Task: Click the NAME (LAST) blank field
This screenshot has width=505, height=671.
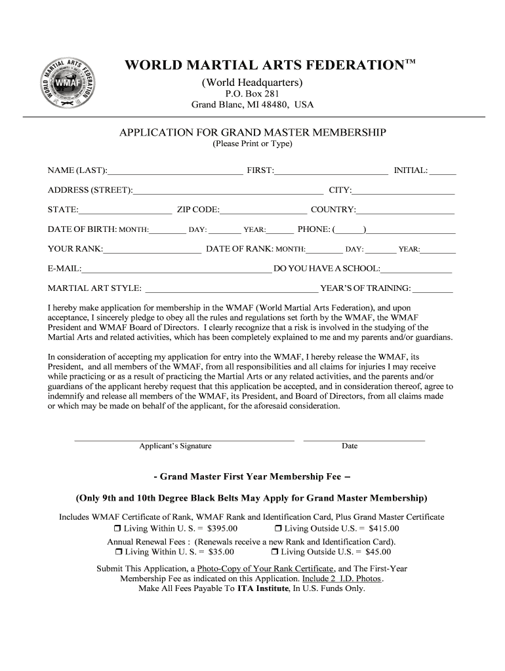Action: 175,172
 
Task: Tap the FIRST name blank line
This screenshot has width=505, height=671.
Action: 331,172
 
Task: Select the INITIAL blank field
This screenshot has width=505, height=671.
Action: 443,172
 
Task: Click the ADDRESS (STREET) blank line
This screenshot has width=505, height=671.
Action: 228,191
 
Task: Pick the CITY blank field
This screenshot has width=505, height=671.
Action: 403,191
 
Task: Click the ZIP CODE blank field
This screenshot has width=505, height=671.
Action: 264,211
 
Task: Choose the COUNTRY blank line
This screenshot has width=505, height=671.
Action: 405,211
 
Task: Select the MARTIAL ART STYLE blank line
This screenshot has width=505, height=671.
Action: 232,289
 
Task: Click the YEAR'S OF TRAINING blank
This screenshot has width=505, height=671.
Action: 433,289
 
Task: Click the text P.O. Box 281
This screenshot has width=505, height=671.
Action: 252,94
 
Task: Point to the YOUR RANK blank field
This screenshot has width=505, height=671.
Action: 152,250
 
